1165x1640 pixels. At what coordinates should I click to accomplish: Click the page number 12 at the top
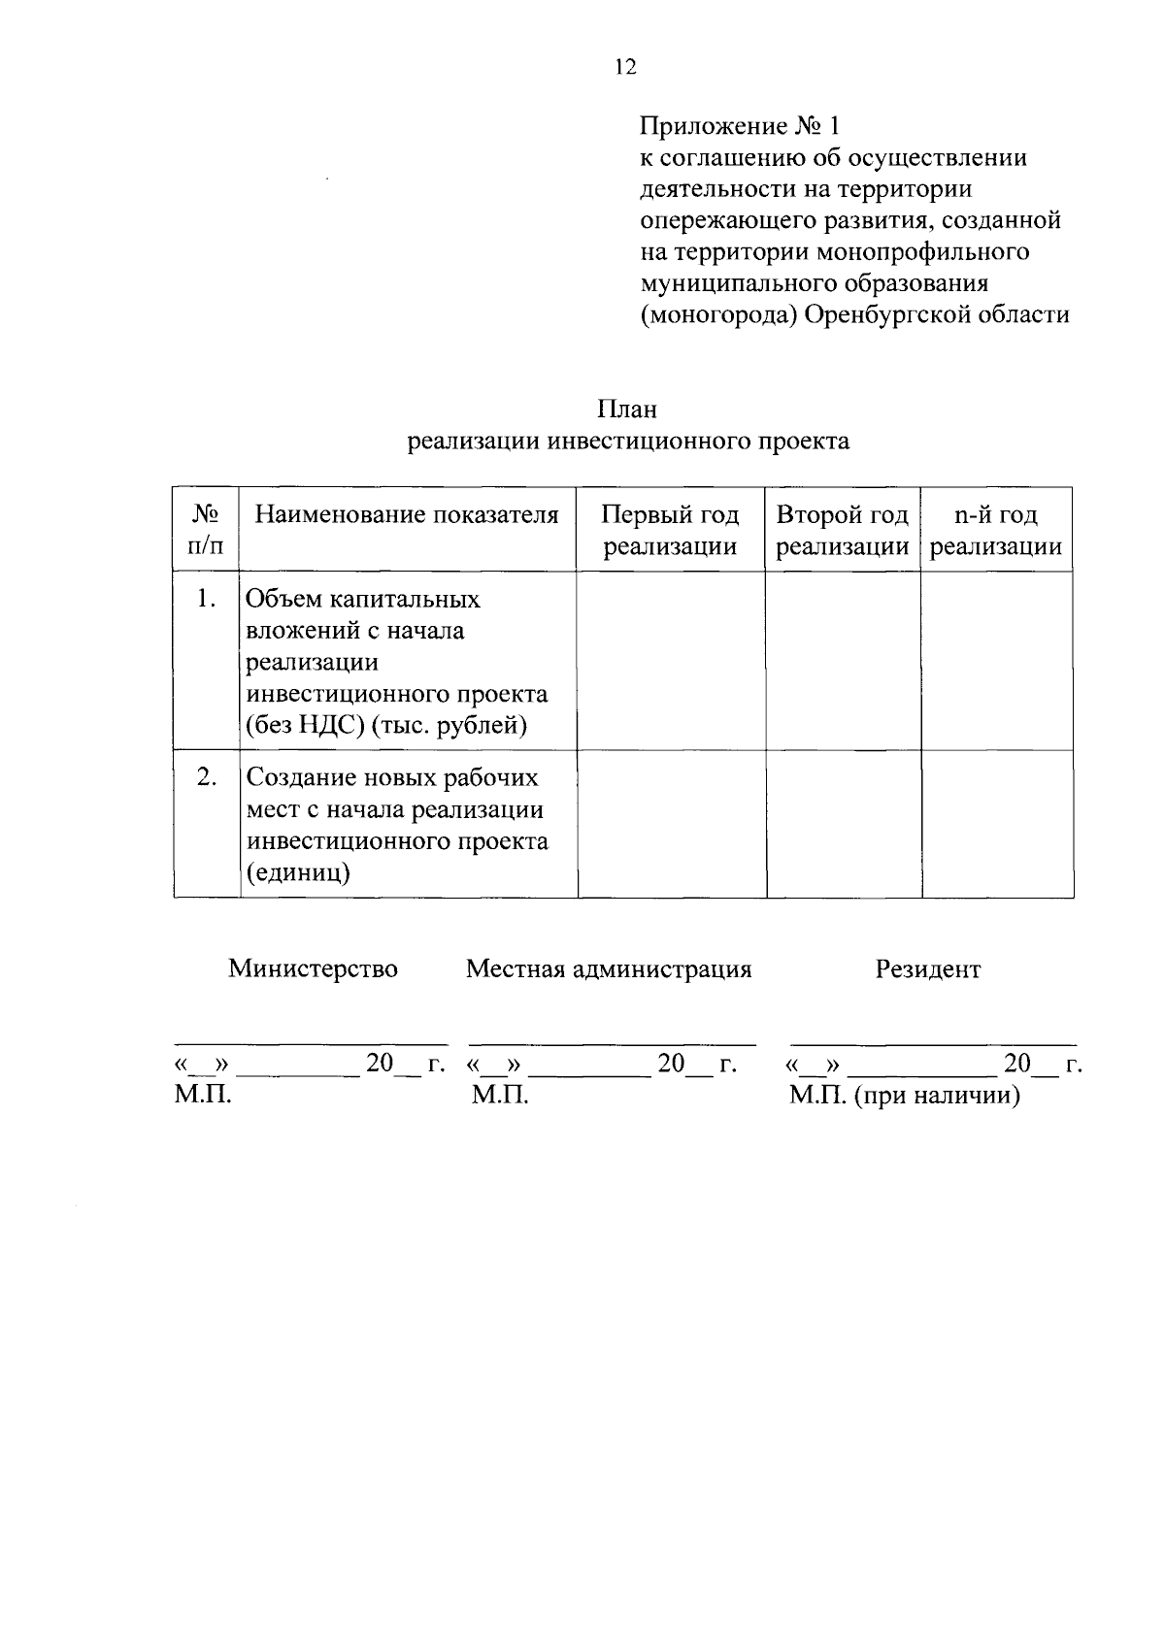624,66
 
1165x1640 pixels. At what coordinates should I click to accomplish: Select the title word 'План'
627,409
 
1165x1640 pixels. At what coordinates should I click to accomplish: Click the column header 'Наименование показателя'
407,514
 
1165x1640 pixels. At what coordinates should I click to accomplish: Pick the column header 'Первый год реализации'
670,530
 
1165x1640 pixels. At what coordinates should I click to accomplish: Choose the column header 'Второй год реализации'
843,530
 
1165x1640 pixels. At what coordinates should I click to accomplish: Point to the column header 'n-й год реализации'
996,530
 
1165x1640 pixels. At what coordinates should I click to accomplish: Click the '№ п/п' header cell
205,530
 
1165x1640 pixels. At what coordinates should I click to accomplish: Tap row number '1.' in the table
205,599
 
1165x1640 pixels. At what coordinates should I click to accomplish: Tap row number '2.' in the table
205,777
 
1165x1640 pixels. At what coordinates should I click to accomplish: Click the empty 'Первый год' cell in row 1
671,660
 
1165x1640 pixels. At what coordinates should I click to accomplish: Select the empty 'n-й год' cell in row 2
997,823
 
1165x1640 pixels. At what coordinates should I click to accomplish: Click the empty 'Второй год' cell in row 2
844,823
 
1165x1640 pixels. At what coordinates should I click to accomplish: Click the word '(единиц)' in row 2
298,872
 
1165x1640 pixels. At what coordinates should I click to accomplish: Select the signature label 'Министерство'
313,968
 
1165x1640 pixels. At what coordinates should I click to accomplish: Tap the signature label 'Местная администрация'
609,968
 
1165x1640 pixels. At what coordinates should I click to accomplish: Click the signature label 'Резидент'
928,968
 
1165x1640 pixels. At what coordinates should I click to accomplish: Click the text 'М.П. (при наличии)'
905,1097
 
